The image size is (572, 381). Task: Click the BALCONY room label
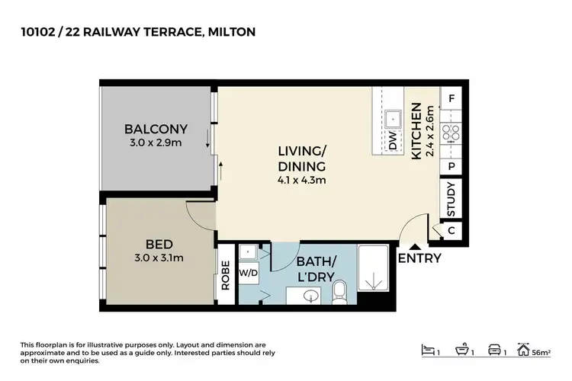156,129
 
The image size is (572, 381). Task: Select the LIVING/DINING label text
301,160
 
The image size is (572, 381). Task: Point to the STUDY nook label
451,198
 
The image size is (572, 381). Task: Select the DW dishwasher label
393,142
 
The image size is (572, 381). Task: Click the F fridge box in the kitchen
451,98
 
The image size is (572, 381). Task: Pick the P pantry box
451,165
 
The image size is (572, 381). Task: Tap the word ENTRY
419,258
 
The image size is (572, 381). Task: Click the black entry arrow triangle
414,245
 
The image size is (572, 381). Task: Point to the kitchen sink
394,118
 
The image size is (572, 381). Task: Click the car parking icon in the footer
496,351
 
